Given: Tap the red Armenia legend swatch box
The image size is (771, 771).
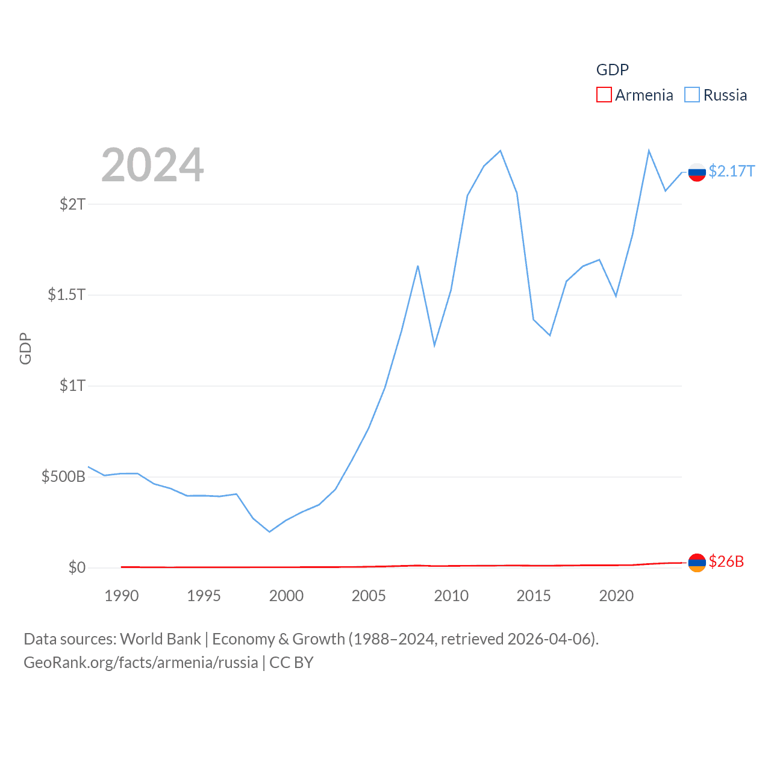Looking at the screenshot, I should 604,95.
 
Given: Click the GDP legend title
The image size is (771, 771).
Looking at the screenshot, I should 612,70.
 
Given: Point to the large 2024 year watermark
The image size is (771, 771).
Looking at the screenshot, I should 152,165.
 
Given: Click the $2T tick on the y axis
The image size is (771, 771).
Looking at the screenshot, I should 72,204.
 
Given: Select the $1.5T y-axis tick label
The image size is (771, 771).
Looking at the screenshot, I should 66,295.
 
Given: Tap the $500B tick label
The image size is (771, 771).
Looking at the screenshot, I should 63,476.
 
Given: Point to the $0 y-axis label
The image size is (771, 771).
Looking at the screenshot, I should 76,567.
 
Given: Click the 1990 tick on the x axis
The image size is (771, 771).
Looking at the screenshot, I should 121,596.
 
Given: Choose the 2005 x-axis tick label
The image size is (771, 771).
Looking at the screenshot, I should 369,596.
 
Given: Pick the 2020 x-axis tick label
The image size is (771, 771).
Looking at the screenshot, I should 616,596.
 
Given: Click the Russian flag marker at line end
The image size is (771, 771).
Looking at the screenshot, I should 697,172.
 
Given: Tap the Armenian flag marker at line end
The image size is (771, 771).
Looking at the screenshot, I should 697,563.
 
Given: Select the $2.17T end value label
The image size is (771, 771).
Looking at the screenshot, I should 731,172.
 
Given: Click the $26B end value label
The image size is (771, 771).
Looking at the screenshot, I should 726,561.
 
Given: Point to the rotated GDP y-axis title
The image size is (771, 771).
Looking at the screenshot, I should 25,348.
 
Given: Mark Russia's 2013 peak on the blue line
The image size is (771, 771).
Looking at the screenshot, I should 501,151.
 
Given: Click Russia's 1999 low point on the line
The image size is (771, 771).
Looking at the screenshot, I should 269,532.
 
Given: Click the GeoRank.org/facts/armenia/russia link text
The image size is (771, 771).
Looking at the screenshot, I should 141,663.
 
